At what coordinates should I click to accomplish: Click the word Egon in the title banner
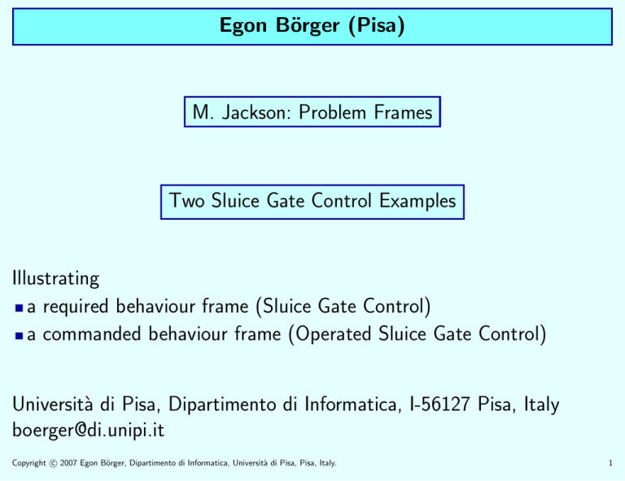pos(243,26)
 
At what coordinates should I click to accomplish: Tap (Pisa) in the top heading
pos(377,26)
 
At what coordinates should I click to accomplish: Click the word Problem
pos(332,112)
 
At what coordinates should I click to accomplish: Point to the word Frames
pos(404,112)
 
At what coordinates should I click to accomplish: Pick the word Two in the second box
pos(186,200)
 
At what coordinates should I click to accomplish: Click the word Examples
pos(417,201)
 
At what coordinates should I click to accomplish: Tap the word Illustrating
pos(56,278)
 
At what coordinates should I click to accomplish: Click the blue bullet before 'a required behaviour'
pos(19,308)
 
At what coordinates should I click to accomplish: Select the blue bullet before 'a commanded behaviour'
pos(19,335)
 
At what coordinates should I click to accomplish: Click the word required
pos(76,308)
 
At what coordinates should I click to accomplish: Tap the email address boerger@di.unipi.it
pos(88,431)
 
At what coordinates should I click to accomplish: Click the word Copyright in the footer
pos(29,463)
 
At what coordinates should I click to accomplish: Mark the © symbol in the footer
pos(53,463)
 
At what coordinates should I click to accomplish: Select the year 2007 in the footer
pos(68,463)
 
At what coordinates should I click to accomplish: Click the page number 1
pos(610,463)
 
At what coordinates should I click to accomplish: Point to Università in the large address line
pos(52,404)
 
